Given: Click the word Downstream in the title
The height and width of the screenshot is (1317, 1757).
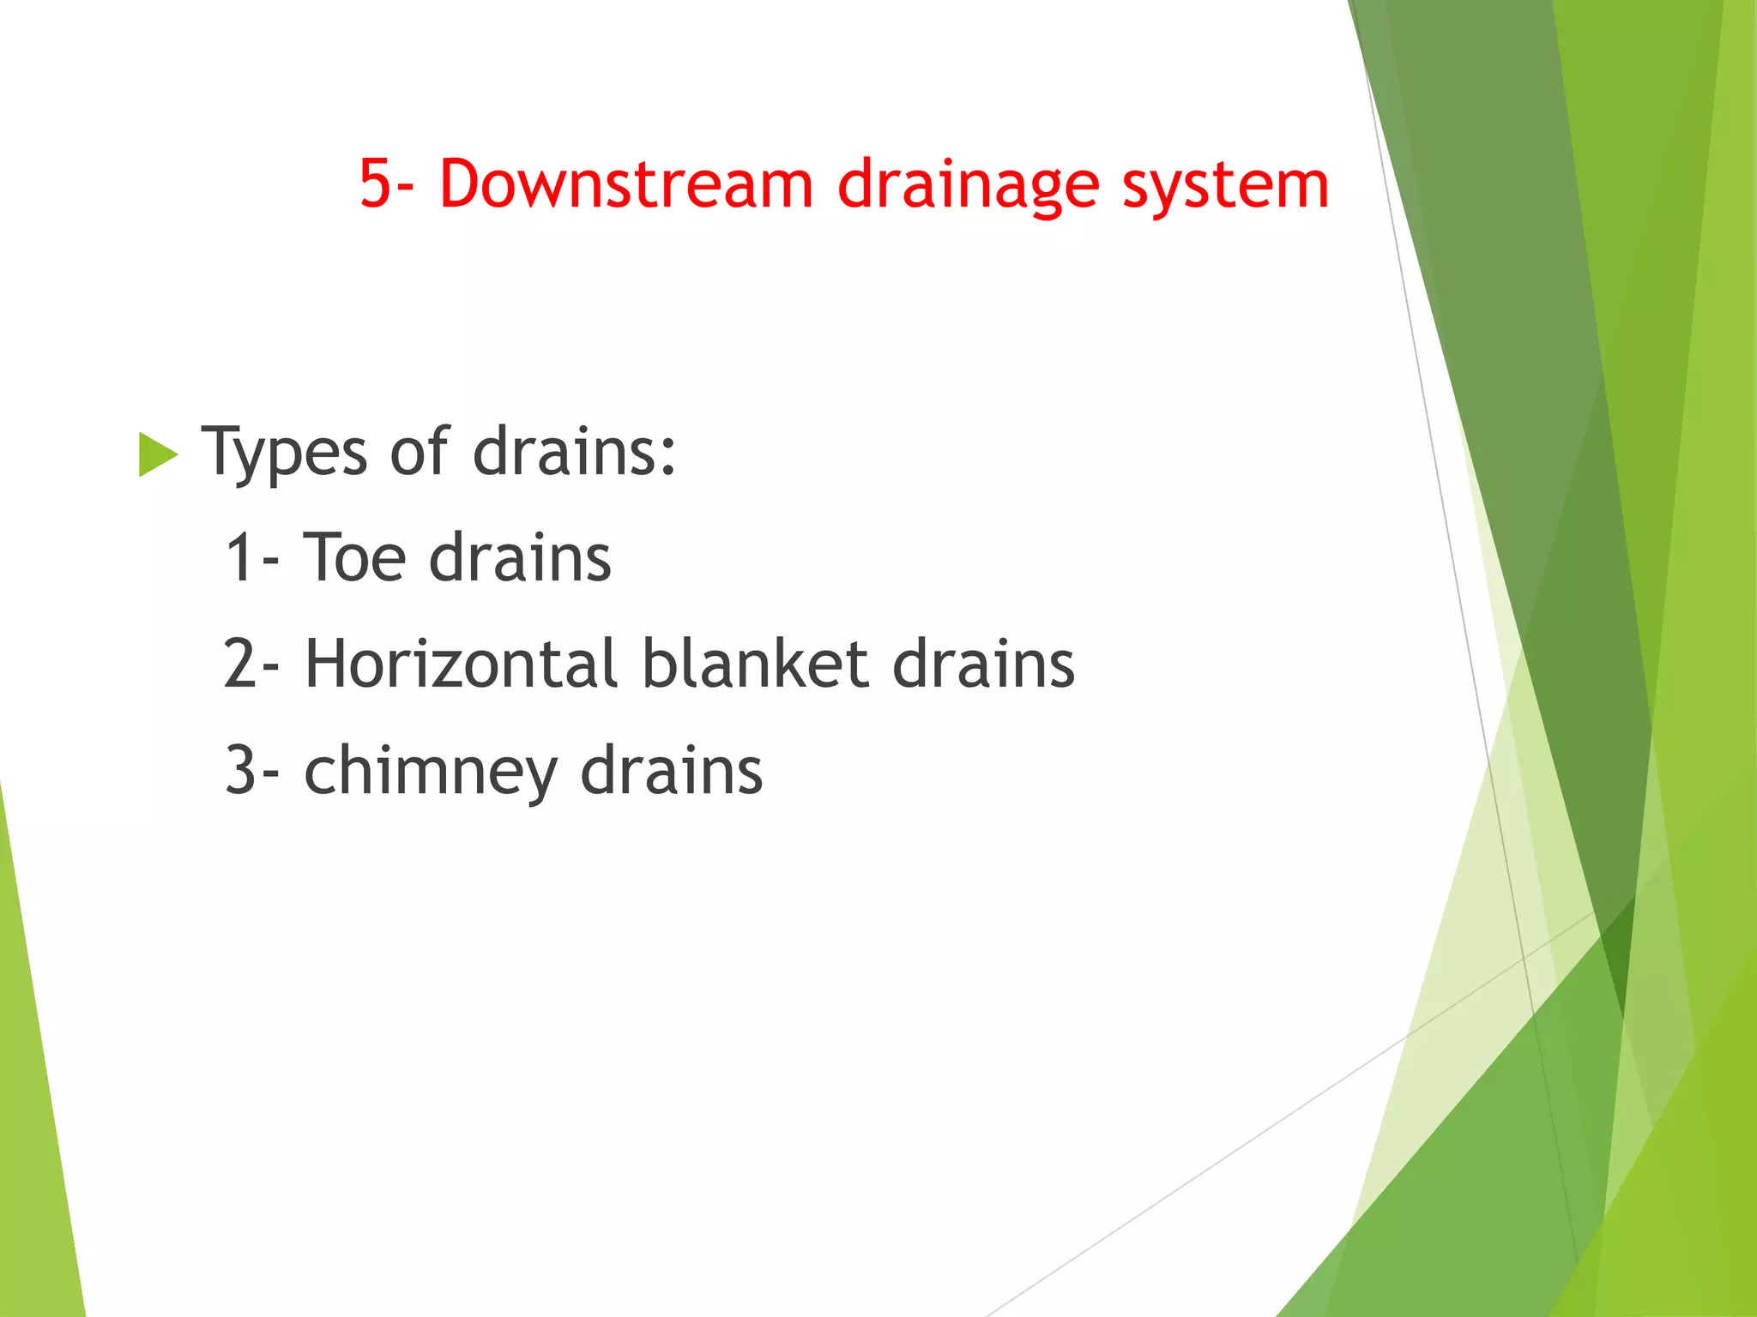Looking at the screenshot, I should point(625,183).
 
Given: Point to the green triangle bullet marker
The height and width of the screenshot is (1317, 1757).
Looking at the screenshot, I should point(157,454).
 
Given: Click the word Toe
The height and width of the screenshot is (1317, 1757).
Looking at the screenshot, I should point(354,558).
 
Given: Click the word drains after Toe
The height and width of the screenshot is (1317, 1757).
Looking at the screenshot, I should point(520,558).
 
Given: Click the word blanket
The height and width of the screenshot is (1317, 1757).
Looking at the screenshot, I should point(755,665).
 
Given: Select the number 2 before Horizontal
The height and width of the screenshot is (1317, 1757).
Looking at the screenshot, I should point(239,665).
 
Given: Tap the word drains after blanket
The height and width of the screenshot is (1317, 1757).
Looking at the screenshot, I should point(983,665).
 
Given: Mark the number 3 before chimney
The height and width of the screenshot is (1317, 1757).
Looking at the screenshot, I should point(239,771).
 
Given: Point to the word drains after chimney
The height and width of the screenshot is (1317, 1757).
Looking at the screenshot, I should point(671,771).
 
